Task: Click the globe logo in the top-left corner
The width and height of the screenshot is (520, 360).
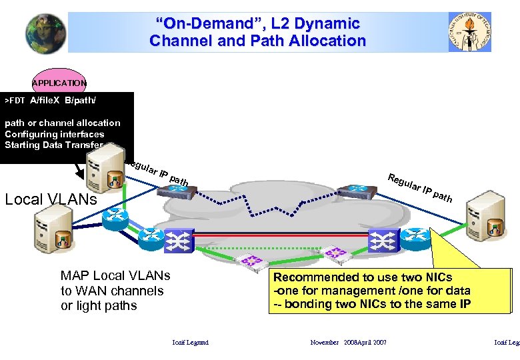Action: click(46, 33)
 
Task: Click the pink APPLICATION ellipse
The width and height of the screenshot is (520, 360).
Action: click(59, 82)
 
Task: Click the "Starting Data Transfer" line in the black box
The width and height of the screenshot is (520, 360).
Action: click(54, 145)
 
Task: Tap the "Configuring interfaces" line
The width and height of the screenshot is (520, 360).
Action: click(54, 134)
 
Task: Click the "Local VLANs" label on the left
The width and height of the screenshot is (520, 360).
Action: click(50, 199)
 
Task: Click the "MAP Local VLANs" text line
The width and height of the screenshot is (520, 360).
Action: click(115, 276)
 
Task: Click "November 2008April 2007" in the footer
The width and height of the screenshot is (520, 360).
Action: click(348, 343)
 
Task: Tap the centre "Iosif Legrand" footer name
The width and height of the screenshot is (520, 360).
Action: click(190, 343)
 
